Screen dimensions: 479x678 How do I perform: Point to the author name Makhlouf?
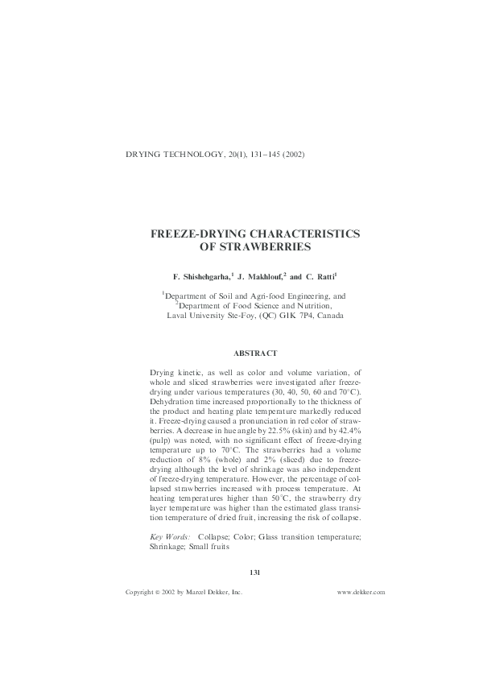pyautogui.click(x=260, y=275)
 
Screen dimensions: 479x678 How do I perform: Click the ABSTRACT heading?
pyautogui.click(x=255, y=353)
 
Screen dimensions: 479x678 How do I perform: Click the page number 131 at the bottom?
pyautogui.click(x=255, y=573)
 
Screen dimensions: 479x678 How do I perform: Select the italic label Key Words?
pyautogui.click(x=170, y=535)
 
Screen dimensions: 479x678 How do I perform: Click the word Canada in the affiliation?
pyautogui.click(x=330, y=316)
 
